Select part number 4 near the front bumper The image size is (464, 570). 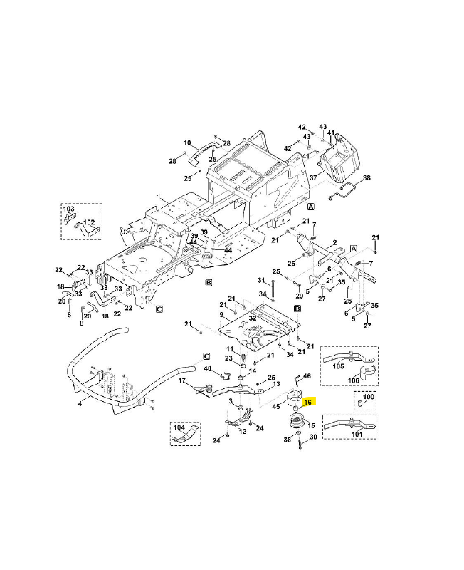[80, 404]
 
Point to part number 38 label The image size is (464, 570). [367, 177]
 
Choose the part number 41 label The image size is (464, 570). [331, 133]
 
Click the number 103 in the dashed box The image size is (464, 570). [69, 209]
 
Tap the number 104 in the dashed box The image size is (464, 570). [179, 427]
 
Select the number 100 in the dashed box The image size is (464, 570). [368, 396]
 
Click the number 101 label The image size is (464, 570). [357, 433]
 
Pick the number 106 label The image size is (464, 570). [354, 380]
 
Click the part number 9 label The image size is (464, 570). [221, 315]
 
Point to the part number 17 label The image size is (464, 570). [181, 381]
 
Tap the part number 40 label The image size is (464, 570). [208, 368]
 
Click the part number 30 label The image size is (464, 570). [313, 436]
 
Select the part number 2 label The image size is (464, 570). [332, 243]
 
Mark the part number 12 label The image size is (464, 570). [243, 432]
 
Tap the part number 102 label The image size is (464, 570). [89, 222]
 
